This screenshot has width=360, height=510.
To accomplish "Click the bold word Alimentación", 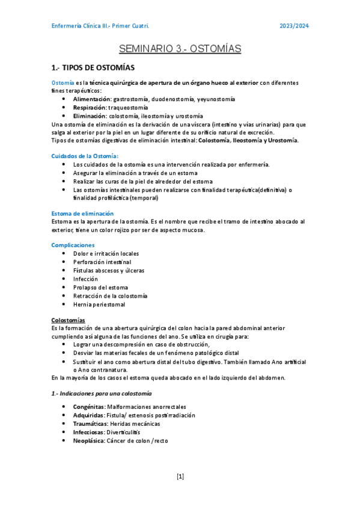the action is point(92,99).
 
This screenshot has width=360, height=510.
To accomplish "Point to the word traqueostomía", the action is point(133,107).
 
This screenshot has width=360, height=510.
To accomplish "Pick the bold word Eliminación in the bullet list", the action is point(90,116).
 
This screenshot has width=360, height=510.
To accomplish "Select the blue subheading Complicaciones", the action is point(73,245).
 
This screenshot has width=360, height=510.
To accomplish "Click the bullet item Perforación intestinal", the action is point(102,262).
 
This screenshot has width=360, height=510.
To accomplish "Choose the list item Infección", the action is point(85,279).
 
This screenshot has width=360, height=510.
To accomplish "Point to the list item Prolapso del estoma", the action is point(100,287).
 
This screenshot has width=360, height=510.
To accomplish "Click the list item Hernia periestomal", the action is point(99,304).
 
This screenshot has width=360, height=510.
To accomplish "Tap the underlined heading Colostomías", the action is point(68,320).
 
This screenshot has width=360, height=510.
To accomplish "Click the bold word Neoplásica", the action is point(88,440).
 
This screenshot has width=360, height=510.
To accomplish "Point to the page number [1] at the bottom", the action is point(180,476).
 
